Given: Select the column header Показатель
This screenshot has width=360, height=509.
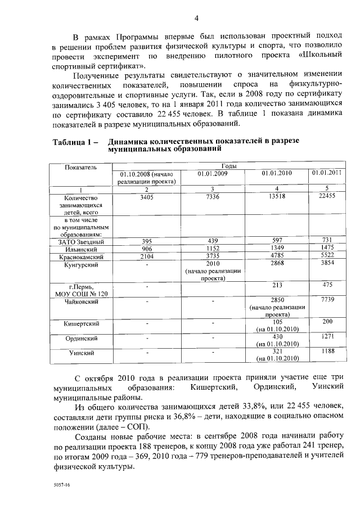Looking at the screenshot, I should pyautogui.click(x=81, y=168).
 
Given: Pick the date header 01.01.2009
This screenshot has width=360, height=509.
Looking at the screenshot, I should pyautogui.click(x=211, y=173).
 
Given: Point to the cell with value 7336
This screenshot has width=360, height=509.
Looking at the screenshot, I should pyautogui.click(x=211, y=197).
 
